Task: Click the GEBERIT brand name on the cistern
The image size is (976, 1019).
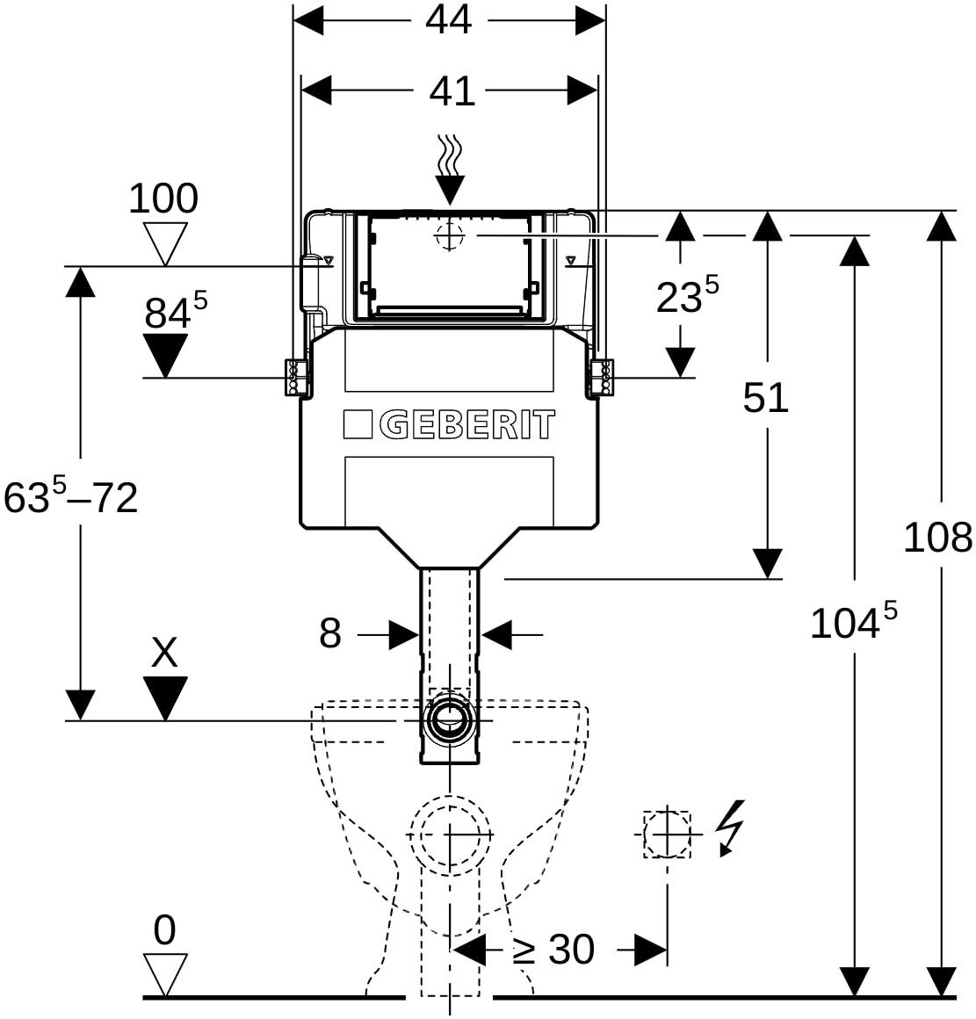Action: [466, 424]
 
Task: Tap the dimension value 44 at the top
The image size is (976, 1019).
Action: [448, 20]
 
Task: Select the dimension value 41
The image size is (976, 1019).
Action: [452, 91]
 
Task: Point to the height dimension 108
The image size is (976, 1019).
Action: [937, 538]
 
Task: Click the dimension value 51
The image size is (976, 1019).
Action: [765, 398]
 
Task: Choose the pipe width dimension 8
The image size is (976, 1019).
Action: [330, 633]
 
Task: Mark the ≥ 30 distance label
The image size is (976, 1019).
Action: [553, 950]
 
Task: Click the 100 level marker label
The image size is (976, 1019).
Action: [163, 199]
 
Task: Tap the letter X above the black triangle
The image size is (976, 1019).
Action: [164, 652]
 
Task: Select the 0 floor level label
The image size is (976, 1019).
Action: [164, 930]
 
